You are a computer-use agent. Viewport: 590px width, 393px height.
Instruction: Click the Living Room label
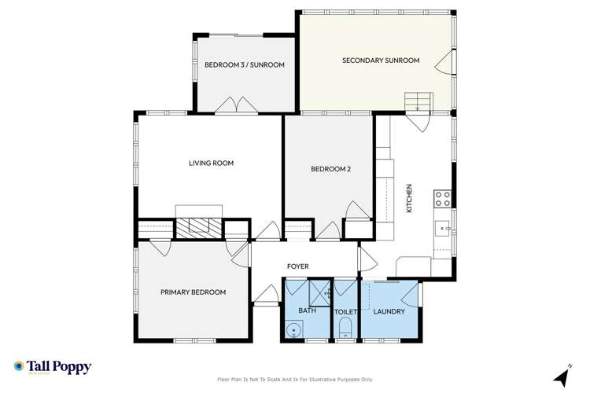212,163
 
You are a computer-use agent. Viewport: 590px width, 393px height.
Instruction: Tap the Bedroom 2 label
329,168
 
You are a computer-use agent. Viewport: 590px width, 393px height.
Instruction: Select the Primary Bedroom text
193,292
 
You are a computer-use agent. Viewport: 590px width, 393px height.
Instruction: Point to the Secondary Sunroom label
380,61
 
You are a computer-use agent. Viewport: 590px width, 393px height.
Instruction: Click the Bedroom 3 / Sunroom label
244,65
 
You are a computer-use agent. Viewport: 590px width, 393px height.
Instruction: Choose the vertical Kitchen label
408,200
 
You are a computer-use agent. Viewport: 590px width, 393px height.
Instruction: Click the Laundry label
389,312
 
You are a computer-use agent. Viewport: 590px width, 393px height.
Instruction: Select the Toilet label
346,312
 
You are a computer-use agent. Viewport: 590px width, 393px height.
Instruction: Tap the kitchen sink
443,229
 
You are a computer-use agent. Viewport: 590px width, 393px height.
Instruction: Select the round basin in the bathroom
293,330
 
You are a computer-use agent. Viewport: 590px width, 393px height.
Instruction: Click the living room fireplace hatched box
198,227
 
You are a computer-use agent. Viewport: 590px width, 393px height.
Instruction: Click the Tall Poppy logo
53,367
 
